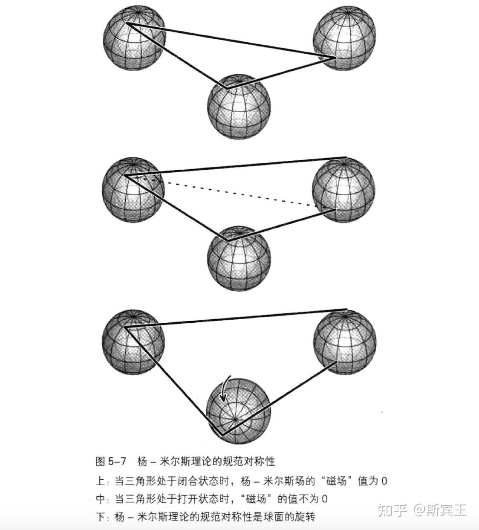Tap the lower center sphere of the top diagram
point(239,106)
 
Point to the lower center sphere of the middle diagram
point(239,258)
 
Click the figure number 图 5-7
point(111,461)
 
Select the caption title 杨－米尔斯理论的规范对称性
point(206,461)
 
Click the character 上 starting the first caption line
point(100,481)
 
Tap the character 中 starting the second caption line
point(100,499)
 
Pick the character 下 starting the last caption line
point(100,517)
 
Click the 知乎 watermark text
point(392,510)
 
